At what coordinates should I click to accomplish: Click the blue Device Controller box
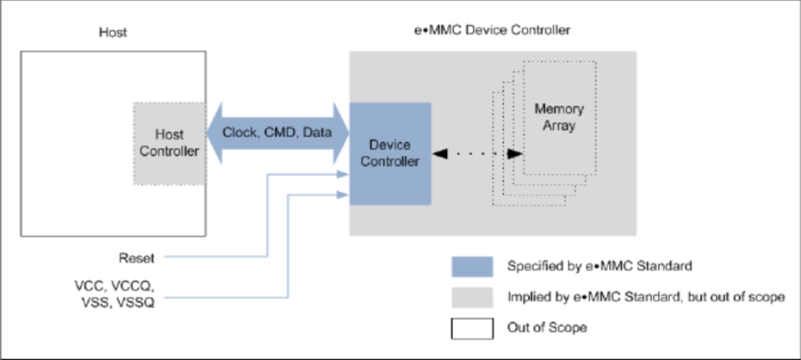389,153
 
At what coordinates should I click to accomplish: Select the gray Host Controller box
170,143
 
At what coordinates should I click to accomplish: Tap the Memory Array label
558,118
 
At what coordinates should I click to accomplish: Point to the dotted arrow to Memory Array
478,154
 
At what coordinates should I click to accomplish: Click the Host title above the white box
113,32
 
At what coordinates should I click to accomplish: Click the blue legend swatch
471,266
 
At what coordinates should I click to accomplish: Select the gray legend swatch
471,297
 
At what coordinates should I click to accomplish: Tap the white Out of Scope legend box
471,328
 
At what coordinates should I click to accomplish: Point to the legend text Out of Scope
549,328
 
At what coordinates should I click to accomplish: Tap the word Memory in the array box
559,110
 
